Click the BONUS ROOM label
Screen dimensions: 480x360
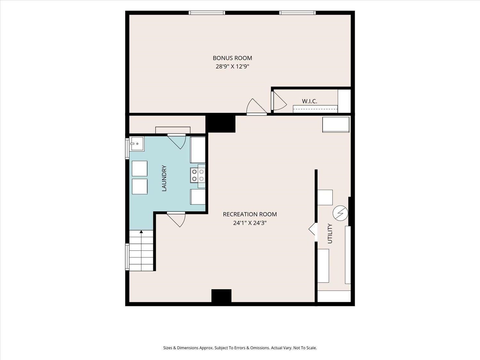(x=232, y=58)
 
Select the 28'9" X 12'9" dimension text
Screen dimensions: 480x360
(x=232, y=67)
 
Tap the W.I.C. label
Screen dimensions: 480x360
(x=309, y=101)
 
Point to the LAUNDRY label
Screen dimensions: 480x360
(x=164, y=178)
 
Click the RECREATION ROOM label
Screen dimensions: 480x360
(x=250, y=214)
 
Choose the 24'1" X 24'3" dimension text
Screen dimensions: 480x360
(x=250, y=223)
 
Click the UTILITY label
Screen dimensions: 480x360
(x=330, y=234)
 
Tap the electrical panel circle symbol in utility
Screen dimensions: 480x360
(x=340, y=213)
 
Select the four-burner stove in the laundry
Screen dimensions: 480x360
(x=198, y=175)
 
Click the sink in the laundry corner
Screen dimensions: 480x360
(x=137, y=144)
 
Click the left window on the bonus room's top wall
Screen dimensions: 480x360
(x=207, y=13)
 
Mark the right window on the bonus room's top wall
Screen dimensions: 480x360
(x=297, y=13)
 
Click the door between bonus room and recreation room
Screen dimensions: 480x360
(x=257, y=107)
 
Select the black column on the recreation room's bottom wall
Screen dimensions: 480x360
(x=221, y=296)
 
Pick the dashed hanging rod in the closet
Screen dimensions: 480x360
(x=315, y=109)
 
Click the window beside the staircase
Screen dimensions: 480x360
(x=127, y=257)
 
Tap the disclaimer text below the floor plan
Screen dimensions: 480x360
(x=240, y=348)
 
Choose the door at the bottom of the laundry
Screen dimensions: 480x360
(x=176, y=219)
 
